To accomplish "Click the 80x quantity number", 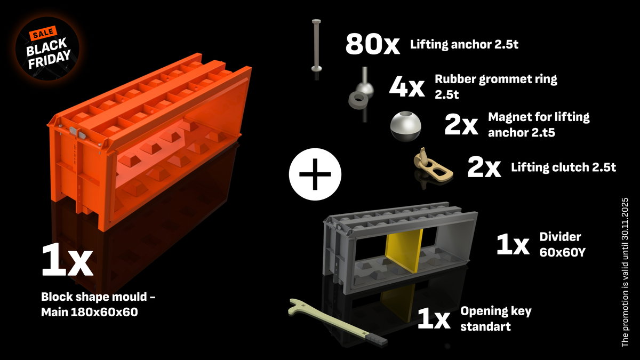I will (x=372, y=44).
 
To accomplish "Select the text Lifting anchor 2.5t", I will (x=464, y=45).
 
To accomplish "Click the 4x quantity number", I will (x=406, y=87).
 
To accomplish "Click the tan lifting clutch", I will (x=431, y=165).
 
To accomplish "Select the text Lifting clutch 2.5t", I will (x=563, y=167).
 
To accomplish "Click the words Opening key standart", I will (x=496, y=318).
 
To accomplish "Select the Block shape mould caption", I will (x=98, y=305).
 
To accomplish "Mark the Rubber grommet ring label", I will (x=495, y=86).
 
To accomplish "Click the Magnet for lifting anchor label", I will (x=539, y=124).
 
